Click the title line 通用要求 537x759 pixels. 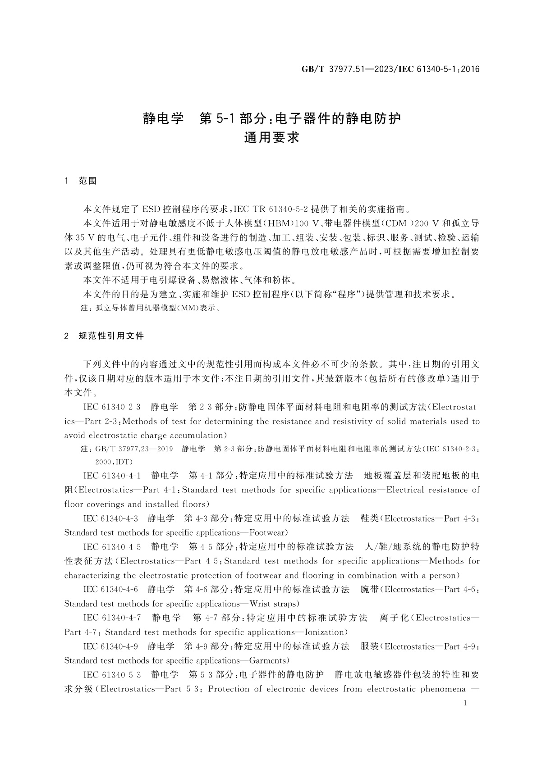271,137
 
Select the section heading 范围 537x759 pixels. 87,181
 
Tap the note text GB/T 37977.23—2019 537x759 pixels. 134,449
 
